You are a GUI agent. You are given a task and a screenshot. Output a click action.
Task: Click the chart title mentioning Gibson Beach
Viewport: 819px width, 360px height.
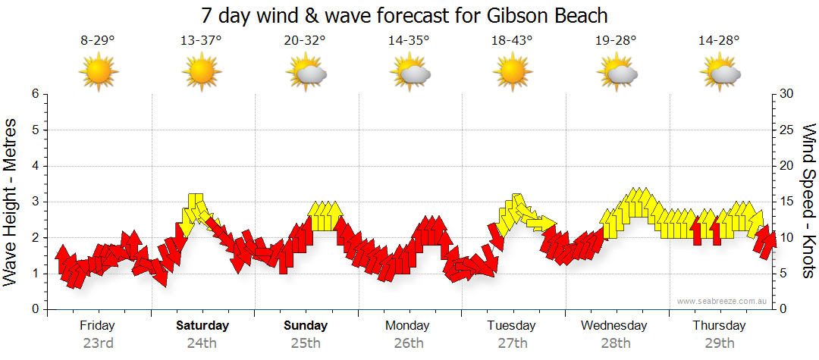[x=405, y=15]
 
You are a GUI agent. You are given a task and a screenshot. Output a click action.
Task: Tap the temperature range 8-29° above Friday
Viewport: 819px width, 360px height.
[x=98, y=41]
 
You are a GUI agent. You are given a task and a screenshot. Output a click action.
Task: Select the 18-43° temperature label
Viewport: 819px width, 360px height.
[x=511, y=41]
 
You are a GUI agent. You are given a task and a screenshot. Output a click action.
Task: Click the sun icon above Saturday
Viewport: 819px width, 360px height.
[x=201, y=74]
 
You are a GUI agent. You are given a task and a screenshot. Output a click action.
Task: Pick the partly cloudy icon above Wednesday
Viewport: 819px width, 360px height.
[x=616, y=74]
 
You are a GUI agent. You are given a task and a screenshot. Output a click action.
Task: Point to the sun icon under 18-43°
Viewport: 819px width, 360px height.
[x=512, y=74]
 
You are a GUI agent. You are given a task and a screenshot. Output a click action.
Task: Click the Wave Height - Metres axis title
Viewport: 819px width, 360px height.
[x=11, y=202]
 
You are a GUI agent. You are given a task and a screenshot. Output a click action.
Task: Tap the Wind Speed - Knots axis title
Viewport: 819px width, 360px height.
[x=808, y=202]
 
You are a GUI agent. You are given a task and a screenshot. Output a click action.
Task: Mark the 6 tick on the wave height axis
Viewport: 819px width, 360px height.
[x=35, y=94]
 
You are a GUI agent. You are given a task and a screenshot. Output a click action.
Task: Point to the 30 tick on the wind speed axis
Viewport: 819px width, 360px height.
[x=786, y=94]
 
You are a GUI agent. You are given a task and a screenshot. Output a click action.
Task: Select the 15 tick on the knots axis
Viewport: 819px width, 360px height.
[x=786, y=202]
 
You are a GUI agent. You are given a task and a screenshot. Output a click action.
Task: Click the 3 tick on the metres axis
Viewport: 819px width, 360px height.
[x=35, y=202]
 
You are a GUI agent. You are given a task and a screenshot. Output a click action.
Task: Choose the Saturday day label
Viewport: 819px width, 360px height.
[x=202, y=326]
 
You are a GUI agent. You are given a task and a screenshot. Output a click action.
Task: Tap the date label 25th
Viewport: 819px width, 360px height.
[x=305, y=343]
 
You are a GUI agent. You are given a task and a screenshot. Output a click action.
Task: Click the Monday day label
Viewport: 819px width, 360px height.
[x=409, y=326]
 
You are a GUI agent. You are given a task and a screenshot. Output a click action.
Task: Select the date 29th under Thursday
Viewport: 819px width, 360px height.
[x=719, y=343]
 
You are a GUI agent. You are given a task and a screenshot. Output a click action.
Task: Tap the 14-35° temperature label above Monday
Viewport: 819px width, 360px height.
[x=408, y=41]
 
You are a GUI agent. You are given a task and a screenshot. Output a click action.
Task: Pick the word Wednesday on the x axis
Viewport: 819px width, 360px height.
[x=614, y=326]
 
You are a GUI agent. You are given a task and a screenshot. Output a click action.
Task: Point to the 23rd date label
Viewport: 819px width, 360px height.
[x=98, y=343]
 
